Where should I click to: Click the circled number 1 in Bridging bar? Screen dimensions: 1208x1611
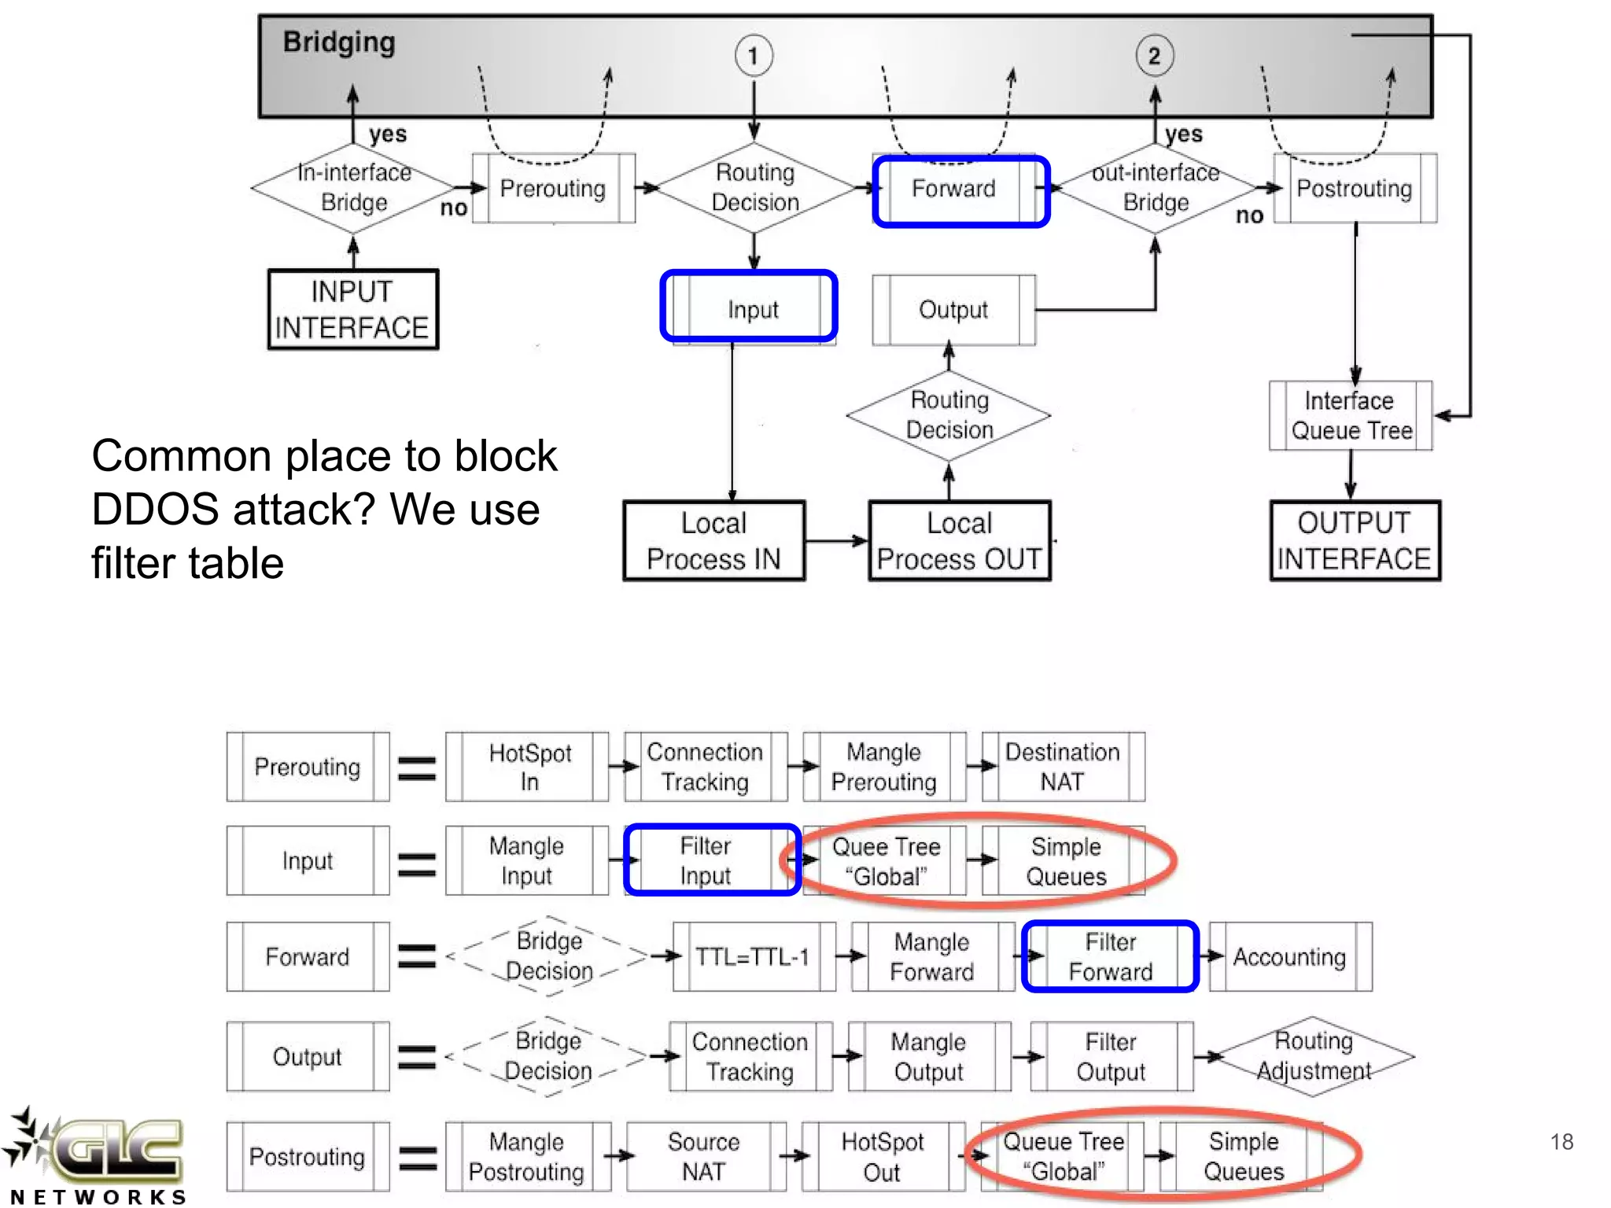coord(753,56)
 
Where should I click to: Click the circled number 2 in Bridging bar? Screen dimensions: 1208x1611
coord(1154,56)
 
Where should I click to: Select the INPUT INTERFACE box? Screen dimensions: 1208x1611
coord(352,309)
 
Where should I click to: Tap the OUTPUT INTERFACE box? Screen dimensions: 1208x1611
coord(1355,540)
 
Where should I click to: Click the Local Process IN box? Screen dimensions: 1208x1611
coord(713,540)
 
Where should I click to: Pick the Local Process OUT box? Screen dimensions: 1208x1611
coord(959,540)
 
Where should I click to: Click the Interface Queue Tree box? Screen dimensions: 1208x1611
coord(1351,415)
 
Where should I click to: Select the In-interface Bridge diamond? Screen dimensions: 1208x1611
coord(353,188)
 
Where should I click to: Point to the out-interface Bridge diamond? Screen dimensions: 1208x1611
coord(1155,188)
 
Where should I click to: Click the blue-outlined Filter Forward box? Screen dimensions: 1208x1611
coord(1110,956)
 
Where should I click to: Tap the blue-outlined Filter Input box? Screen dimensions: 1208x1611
coord(706,860)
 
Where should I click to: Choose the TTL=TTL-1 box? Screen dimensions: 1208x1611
coord(753,956)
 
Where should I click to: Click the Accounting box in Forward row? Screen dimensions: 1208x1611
coord(1290,956)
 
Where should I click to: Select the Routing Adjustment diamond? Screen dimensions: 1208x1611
coord(1314,1056)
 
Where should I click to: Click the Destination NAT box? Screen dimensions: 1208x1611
coord(1063,767)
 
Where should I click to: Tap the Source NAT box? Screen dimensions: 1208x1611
coord(704,1156)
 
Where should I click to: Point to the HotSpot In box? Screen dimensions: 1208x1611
coord(529,767)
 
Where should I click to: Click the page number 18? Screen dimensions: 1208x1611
coord(1561,1141)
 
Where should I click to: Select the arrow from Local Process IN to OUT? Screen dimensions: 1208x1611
coord(836,540)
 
